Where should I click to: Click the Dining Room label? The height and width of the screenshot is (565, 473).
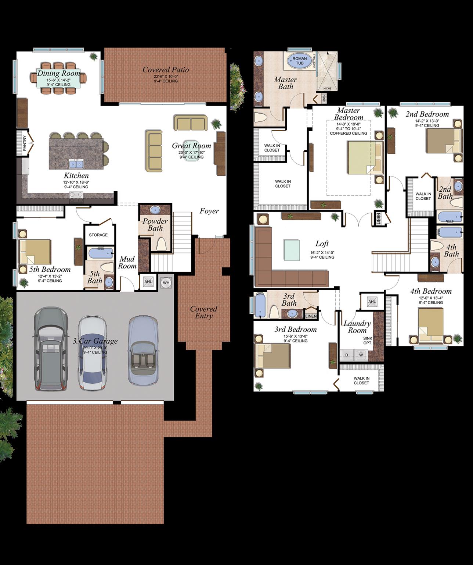tap(59, 73)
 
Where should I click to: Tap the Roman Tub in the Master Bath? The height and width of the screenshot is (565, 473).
tap(300, 61)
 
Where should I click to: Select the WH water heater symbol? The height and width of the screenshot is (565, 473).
tap(166, 282)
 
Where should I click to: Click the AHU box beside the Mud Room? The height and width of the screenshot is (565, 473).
tap(148, 282)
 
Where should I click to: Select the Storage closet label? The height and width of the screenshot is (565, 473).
tap(98, 235)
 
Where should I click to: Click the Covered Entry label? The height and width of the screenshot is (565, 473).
tap(203, 312)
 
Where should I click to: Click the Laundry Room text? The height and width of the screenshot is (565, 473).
tap(357, 327)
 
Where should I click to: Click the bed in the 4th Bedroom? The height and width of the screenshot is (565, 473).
tap(431, 324)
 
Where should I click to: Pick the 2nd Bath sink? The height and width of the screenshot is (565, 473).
tap(457, 186)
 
